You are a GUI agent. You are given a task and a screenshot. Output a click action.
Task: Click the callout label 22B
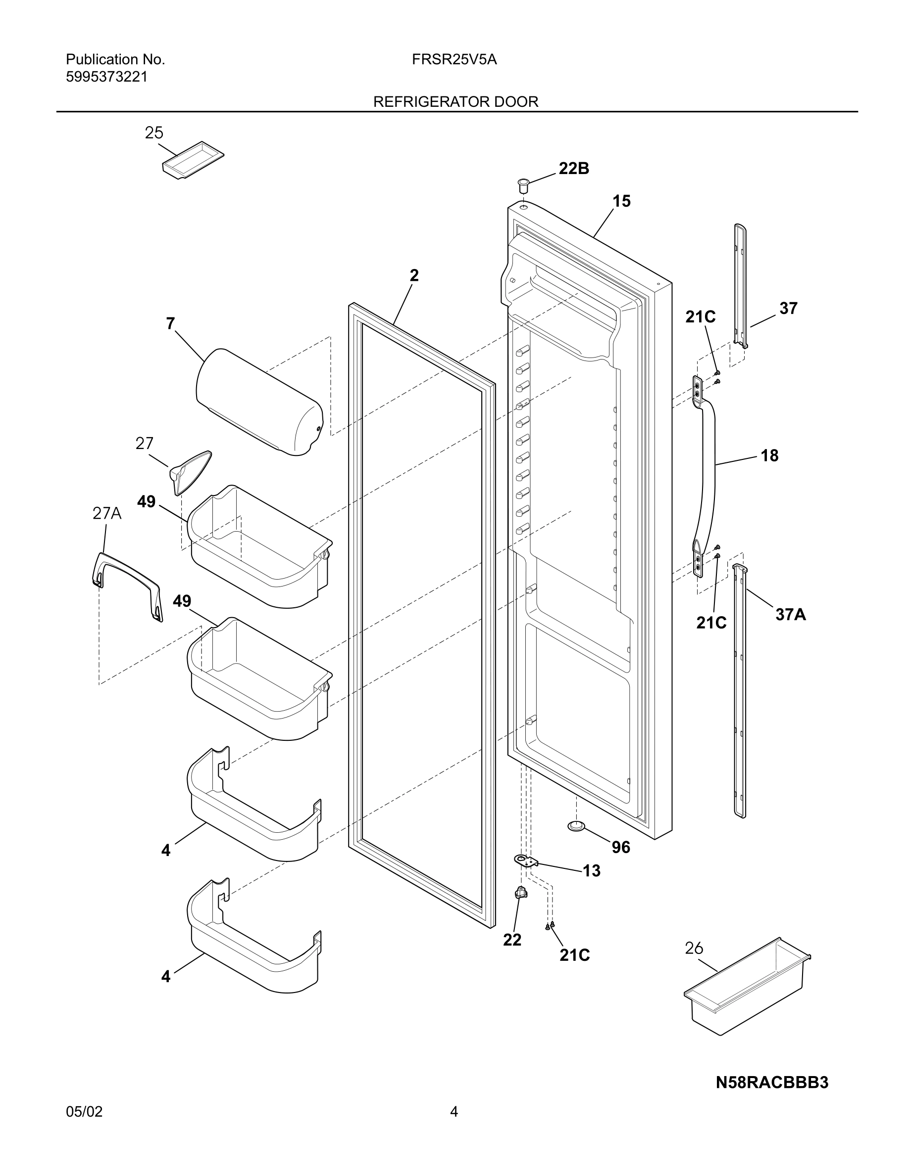point(573,169)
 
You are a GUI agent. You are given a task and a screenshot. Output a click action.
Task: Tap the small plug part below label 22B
point(522,186)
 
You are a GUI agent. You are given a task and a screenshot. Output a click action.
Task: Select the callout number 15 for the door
point(621,201)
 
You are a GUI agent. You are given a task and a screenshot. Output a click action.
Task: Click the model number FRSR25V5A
point(454,60)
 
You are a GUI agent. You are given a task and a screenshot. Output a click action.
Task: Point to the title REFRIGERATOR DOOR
point(455,102)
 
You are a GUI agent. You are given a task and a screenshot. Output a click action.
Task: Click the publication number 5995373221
point(106,77)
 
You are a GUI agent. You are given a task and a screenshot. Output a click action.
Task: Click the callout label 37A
point(790,614)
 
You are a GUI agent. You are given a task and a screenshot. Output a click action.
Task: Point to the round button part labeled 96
point(576,826)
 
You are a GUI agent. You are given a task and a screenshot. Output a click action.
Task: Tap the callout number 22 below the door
point(512,940)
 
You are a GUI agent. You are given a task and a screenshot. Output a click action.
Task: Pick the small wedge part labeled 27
point(190,470)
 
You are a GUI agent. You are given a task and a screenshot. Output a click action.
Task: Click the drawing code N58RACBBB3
point(771,1083)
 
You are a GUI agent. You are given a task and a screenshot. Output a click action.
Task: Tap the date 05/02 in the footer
point(84,1112)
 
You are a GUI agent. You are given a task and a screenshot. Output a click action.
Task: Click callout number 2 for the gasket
point(413,275)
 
